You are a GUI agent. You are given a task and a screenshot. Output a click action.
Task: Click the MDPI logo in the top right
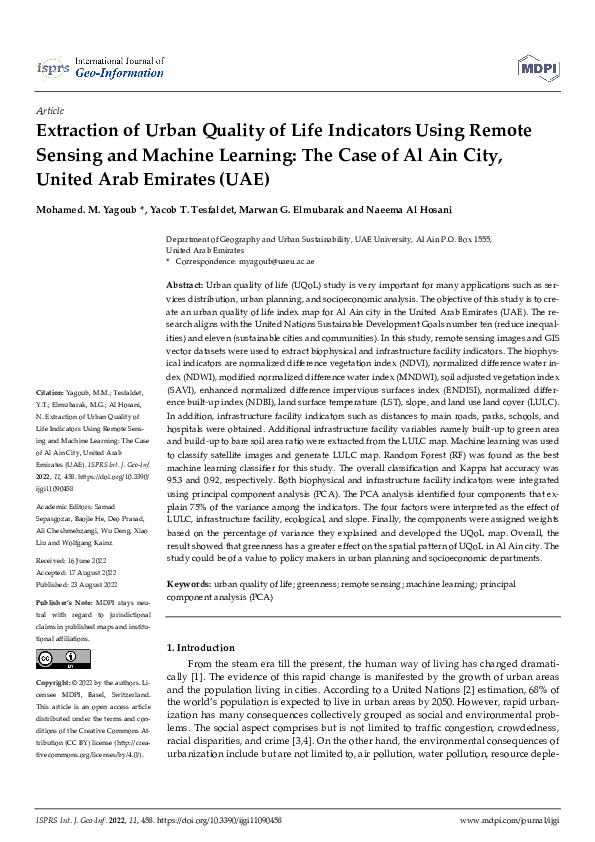click(536, 67)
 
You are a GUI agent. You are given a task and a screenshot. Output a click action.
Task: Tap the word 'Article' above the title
click(49, 112)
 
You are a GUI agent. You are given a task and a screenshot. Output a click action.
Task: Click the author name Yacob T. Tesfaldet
click(198, 211)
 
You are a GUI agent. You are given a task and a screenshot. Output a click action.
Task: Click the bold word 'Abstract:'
click(185, 286)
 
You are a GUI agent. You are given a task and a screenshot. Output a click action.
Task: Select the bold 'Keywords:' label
click(188, 583)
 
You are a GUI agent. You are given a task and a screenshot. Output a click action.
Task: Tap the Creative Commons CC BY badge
click(50, 658)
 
